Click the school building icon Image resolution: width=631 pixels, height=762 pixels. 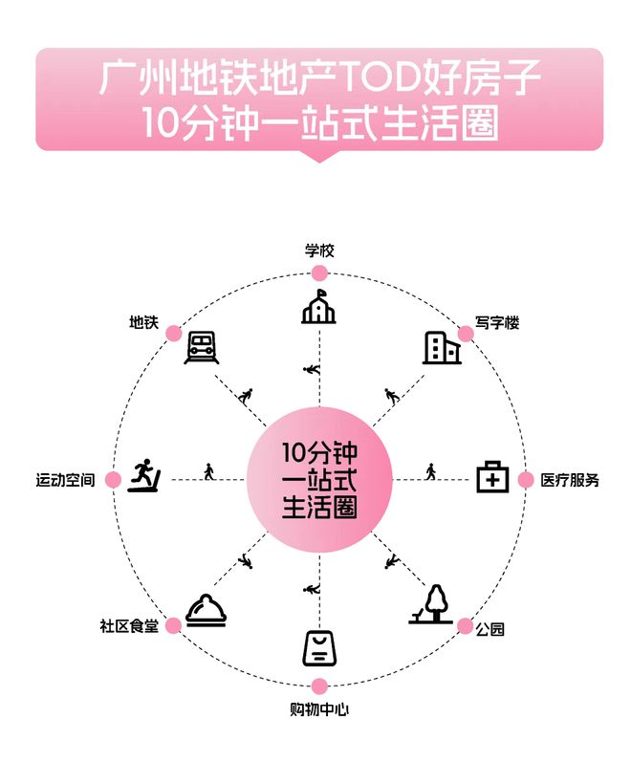[x=318, y=307]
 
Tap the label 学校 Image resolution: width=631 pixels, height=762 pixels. [x=319, y=250]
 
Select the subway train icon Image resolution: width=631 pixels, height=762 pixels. [x=202, y=347]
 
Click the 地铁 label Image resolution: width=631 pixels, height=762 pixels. [x=144, y=322]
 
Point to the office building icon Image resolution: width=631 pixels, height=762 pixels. [x=442, y=348]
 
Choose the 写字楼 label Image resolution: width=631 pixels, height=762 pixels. [x=497, y=323]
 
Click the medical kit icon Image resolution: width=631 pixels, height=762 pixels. [x=492, y=477]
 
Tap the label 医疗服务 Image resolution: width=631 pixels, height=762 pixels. [x=570, y=480]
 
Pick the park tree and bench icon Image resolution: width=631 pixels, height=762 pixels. [x=431, y=604]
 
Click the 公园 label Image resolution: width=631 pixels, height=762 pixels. [x=490, y=629]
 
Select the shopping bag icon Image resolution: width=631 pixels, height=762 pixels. [x=319, y=648]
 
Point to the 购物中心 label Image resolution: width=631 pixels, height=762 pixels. [x=319, y=709]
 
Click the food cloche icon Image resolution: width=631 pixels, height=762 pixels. [x=207, y=610]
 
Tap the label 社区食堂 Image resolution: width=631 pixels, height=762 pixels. [x=129, y=626]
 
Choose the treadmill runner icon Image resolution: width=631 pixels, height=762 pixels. [x=144, y=475]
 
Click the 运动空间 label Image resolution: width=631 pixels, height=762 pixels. [x=65, y=480]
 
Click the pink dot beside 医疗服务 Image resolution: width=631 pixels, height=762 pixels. [x=526, y=480]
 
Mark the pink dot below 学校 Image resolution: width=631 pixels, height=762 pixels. [x=319, y=273]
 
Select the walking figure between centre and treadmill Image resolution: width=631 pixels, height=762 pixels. [x=209, y=471]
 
